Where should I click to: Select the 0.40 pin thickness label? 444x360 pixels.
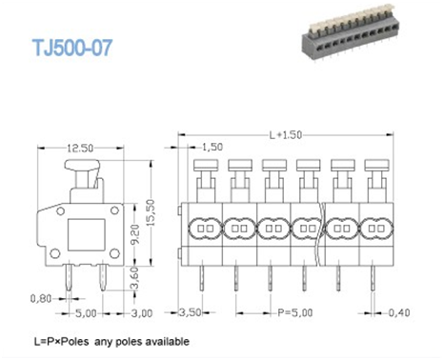402,311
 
